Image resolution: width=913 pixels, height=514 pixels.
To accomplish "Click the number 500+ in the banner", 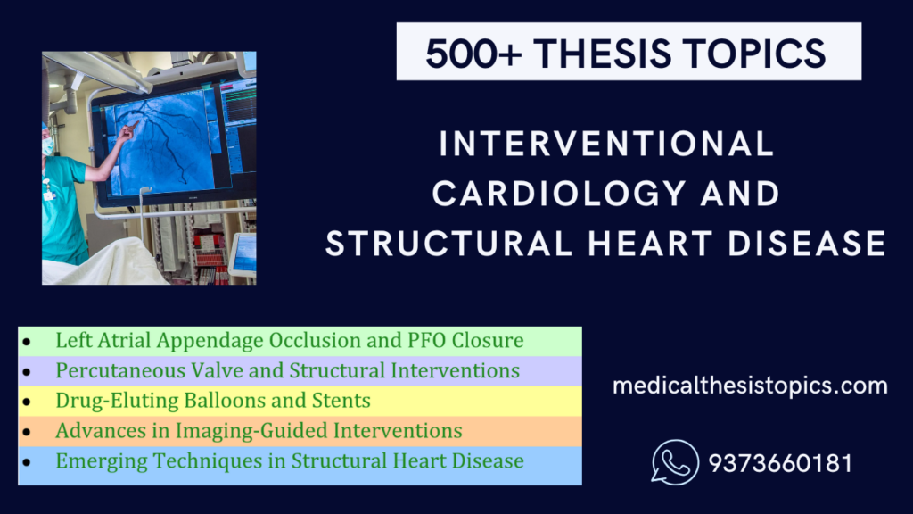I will coord(466,53).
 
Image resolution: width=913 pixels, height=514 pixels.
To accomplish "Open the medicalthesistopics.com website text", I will coord(750,386).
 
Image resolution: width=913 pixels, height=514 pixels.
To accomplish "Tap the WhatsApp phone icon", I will coord(674,463).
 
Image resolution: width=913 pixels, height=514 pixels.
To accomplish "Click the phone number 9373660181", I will coord(780,464).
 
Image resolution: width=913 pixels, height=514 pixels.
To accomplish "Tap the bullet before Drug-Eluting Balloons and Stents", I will coord(29,402).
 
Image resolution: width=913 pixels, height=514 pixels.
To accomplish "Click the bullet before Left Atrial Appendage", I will coord(29,342).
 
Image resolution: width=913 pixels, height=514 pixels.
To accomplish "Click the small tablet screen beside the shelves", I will coord(243,253).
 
